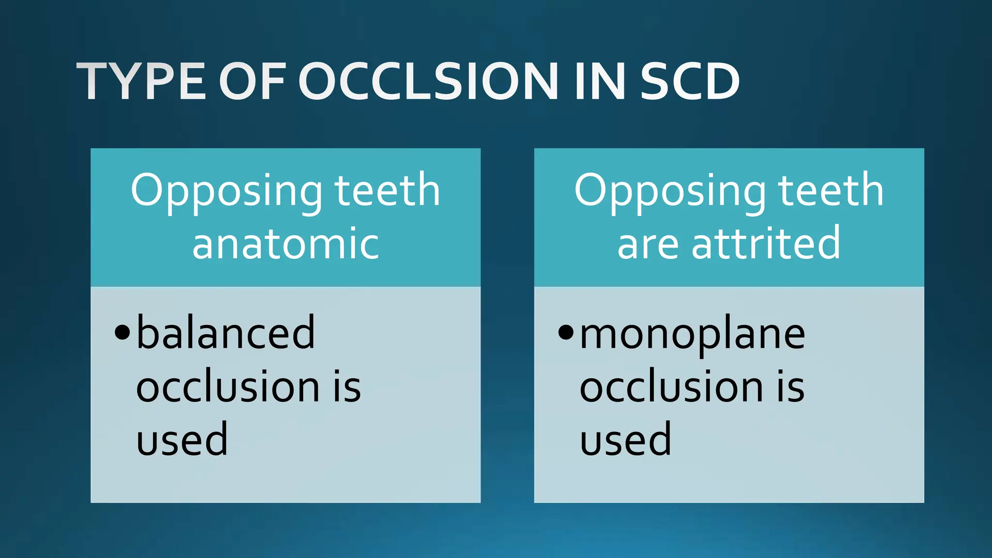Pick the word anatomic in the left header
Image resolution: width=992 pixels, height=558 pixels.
click(286, 244)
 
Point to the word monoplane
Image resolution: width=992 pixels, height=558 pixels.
click(693, 335)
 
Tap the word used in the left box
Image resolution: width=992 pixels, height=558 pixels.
click(182, 439)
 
